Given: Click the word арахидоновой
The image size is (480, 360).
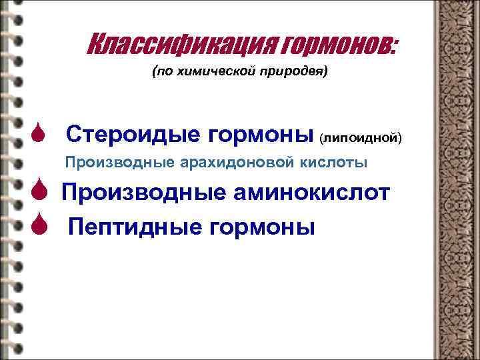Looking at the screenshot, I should [x=225, y=163].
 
